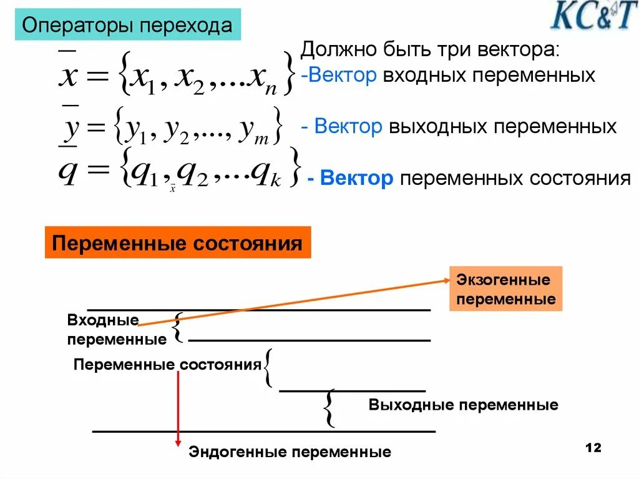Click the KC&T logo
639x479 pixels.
[x=593, y=17]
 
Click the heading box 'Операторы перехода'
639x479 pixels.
[x=127, y=26]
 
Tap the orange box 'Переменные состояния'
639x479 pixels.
[x=177, y=242]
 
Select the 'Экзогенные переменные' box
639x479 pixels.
[x=505, y=289]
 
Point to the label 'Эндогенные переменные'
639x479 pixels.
[x=290, y=452]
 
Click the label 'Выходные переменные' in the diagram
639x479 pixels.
[x=463, y=405]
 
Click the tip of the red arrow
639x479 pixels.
[x=178, y=444]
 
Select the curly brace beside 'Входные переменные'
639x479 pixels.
[x=177, y=327]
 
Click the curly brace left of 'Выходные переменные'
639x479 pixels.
[x=329, y=408]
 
